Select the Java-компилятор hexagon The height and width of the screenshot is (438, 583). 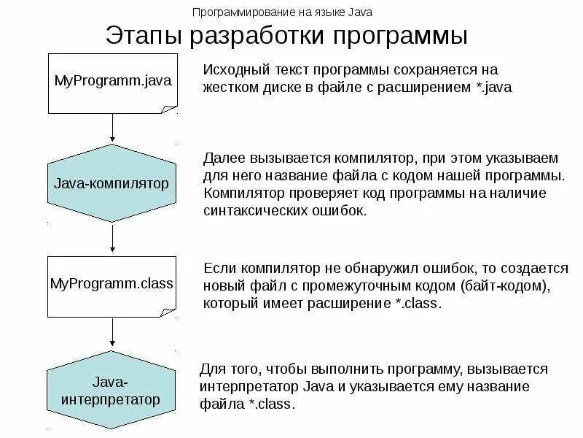pyautogui.click(x=111, y=183)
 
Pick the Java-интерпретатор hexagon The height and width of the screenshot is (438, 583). pyautogui.click(x=111, y=391)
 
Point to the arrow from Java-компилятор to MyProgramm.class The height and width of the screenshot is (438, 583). pyautogui.click(x=112, y=239)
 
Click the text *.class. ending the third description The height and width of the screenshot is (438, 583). pyautogui.click(x=418, y=303)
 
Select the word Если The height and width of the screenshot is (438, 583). pyautogui.click(x=218, y=267)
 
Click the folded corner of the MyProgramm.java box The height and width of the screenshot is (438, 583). pyautogui.click(x=169, y=109)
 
